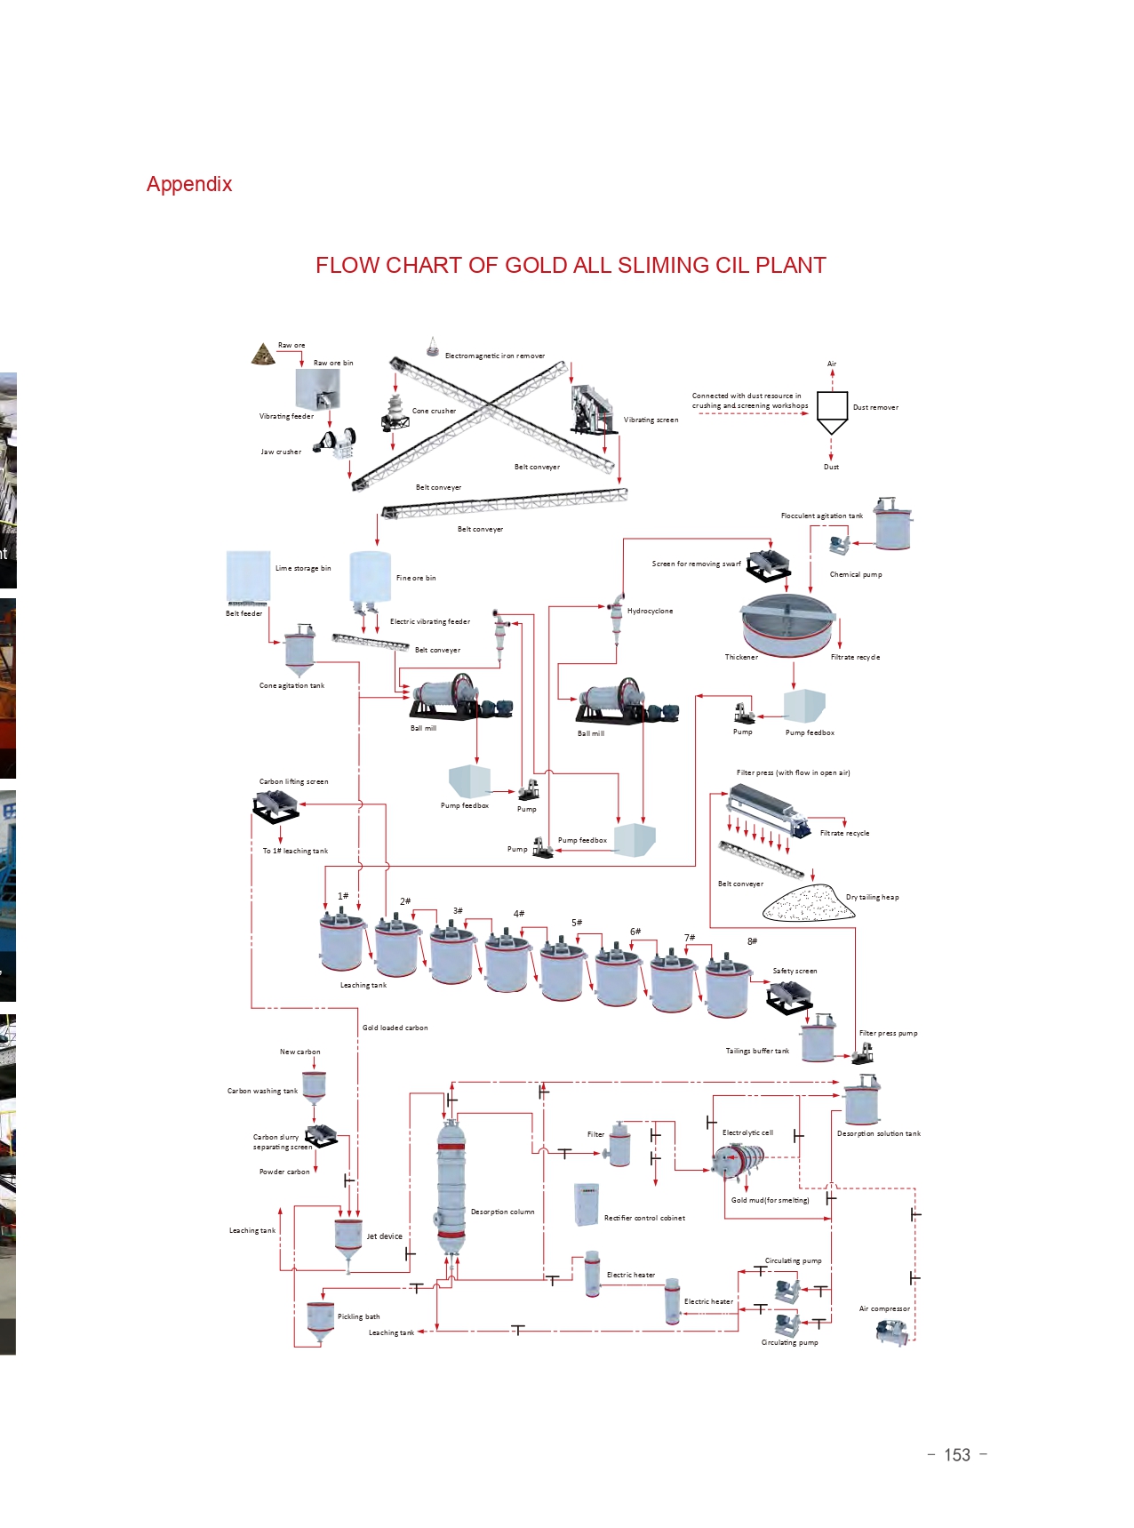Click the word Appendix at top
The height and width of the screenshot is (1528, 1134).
point(189,184)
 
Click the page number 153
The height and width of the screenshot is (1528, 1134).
point(957,1455)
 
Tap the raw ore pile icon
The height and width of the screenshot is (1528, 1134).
point(262,355)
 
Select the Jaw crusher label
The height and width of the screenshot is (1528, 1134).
point(281,452)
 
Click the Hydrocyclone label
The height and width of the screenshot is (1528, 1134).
point(650,611)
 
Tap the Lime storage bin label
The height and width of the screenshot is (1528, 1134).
point(303,568)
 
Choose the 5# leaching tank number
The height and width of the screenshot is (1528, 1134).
point(577,923)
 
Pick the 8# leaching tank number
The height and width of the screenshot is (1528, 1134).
point(752,941)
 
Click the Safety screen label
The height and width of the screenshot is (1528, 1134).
point(795,971)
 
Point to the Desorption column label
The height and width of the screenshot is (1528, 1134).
point(502,1212)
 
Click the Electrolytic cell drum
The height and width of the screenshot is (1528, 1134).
point(739,1160)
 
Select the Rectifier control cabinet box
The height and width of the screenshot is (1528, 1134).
point(587,1204)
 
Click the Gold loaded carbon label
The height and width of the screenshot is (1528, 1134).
point(395,1028)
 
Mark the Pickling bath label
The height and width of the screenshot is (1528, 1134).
point(358,1316)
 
